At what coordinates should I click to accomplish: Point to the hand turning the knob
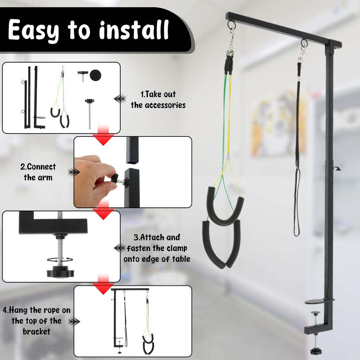[x=92, y=177]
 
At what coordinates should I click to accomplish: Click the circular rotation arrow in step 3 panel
[x=60, y=259]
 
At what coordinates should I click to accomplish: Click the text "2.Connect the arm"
[x=38, y=172]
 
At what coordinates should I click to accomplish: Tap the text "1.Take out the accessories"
[x=158, y=99]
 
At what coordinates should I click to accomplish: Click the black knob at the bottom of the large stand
[x=315, y=351]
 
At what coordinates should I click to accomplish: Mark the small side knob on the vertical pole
[x=338, y=168]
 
